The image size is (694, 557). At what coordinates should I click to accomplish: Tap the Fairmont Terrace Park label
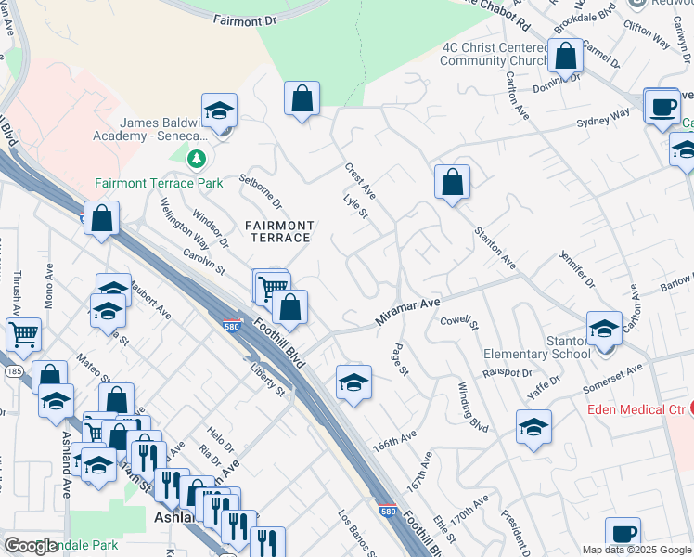pos(159,183)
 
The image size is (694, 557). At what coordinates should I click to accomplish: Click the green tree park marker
pos(196,160)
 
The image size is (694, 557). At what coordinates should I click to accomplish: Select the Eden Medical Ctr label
pos(635,408)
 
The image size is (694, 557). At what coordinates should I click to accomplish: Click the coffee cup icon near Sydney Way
pos(662,107)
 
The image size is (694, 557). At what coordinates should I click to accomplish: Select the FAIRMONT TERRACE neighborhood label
pos(278,231)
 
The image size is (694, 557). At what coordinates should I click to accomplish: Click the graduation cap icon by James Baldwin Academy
pos(219,111)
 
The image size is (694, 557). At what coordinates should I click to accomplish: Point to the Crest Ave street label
pos(360,180)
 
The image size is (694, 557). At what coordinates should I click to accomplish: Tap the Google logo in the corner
pos(32,546)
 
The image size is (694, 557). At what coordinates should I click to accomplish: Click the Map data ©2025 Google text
pos(636,550)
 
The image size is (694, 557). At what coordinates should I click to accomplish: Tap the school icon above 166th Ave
pos(353,382)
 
